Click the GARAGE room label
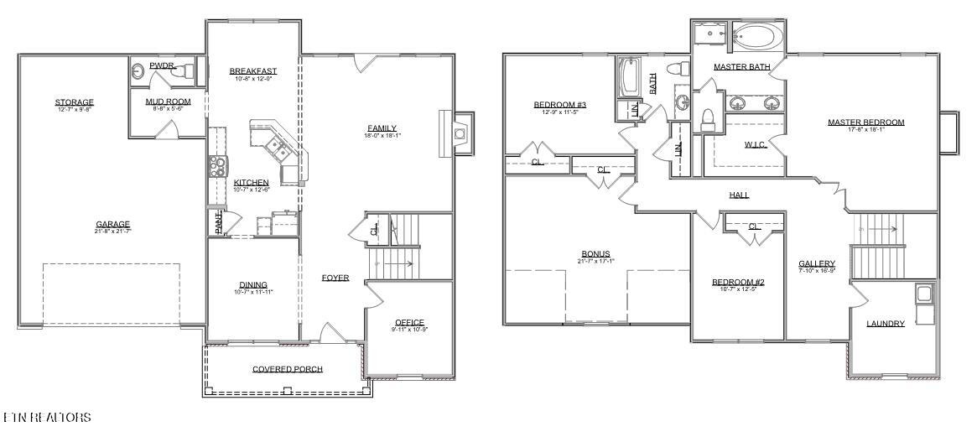pyautogui.click(x=112, y=224)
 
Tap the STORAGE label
pyautogui.click(x=75, y=102)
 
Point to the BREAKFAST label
pyautogui.click(x=252, y=71)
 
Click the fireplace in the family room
pyautogui.click(x=458, y=133)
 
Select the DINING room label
pyautogui.click(x=252, y=284)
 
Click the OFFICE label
pyautogui.click(x=409, y=322)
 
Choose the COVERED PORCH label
pyautogui.click(x=288, y=369)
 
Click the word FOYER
pyautogui.click(x=335, y=278)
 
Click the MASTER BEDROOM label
pyautogui.click(x=865, y=122)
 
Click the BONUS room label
pyautogui.click(x=596, y=253)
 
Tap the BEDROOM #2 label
pyautogui.click(x=737, y=282)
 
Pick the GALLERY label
pyautogui.click(x=816, y=263)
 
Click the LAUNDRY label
pyautogui.click(x=886, y=323)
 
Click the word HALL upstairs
pyautogui.click(x=739, y=195)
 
